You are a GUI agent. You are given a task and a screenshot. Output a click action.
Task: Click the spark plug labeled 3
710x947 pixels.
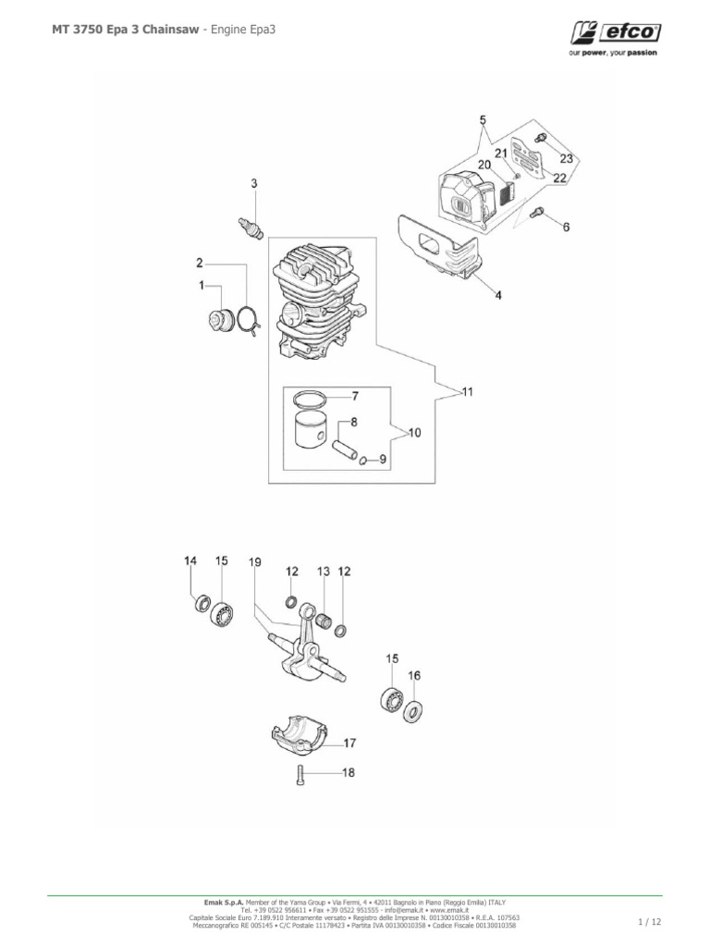coord(248,225)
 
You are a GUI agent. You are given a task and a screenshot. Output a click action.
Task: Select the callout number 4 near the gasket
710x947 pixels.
coord(498,296)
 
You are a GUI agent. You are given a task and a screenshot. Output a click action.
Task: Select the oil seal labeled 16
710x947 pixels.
coord(413,711)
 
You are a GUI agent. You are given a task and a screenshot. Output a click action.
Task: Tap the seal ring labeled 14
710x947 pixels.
coord(200,606)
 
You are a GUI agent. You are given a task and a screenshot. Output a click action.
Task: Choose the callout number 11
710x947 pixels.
coord(468,392)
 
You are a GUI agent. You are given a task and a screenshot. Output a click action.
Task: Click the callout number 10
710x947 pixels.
coord(413,432)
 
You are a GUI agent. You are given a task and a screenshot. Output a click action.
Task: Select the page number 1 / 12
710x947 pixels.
coord(650,922)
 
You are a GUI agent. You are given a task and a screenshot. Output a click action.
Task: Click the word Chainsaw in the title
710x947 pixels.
coord(157,30)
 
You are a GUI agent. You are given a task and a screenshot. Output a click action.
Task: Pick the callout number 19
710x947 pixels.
coord(254,561)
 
